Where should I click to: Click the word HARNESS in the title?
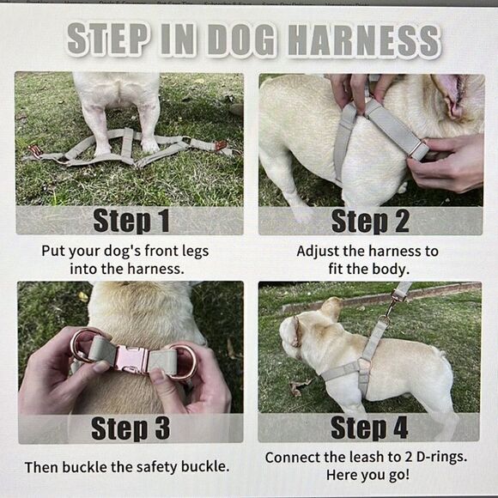(x=365, y=40)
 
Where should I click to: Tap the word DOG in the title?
(x=241, y=40)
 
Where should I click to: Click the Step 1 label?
(x=131, y=221)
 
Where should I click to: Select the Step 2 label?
(x=370, y=221)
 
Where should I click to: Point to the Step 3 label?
(x=131, y=428)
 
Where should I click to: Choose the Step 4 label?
(x=369, y=428)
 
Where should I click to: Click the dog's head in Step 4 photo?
(x=305, y=331)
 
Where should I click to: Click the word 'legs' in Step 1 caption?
(x=196, y=252)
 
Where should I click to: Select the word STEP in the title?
(x=107, y=40)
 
